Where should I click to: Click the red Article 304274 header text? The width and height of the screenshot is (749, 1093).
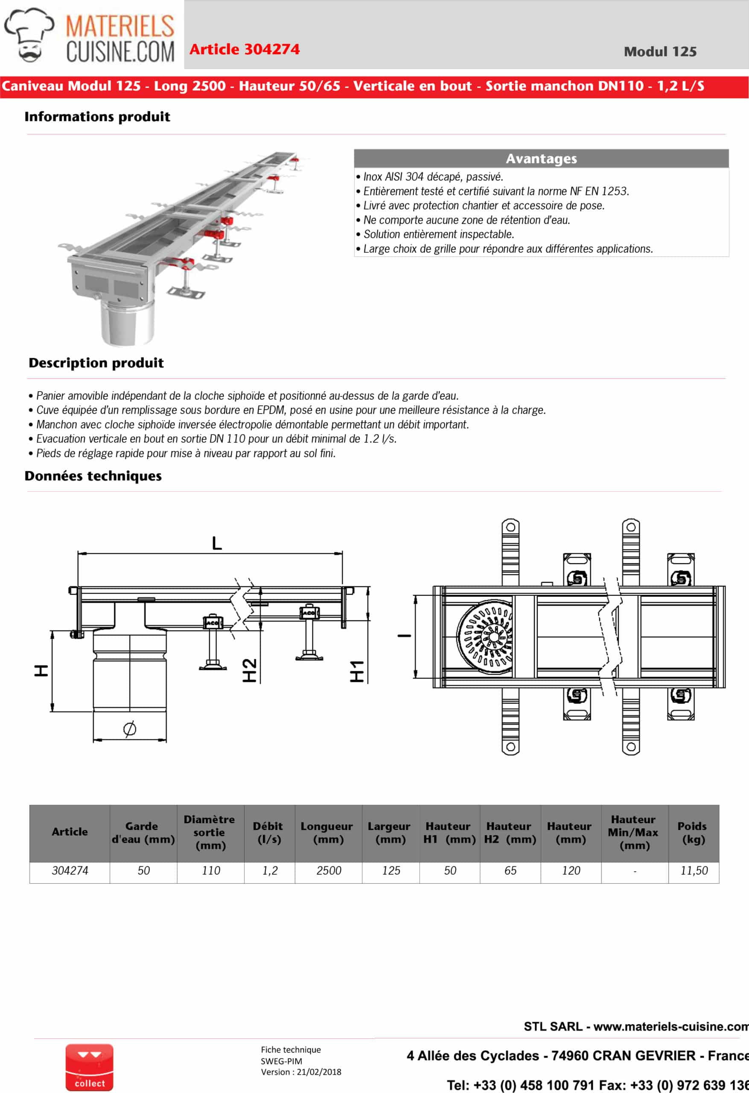(x=244, y=50)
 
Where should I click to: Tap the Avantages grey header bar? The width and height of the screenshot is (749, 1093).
(x=541, y=158)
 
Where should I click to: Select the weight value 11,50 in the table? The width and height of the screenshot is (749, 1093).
(x=694, y=871)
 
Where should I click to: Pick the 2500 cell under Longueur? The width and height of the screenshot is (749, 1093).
(x=328, y=871)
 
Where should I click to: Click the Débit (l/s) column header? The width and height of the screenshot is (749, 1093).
(x=269, y=833)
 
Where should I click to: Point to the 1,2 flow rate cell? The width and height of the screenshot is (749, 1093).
(x=269, y=871)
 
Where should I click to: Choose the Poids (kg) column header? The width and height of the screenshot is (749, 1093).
(x=693, y=833)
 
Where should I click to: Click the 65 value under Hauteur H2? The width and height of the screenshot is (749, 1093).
(x=510, y=871)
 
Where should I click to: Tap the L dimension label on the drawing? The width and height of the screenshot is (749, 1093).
(x=216, y=543)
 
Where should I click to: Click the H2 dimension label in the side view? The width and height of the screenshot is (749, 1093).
(x=249, y=670)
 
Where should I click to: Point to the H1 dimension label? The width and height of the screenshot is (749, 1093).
(x=357, y=672)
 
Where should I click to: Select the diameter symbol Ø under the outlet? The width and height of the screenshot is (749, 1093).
(x=130, y=728)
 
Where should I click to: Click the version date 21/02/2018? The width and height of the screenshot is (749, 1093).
(x=319, y=1072)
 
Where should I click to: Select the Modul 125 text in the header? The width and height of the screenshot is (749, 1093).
(x=660, y=52)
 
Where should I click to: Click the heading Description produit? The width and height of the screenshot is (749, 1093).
(x=96, y=363)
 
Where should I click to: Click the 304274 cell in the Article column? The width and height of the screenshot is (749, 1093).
(x=70, y=871)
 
